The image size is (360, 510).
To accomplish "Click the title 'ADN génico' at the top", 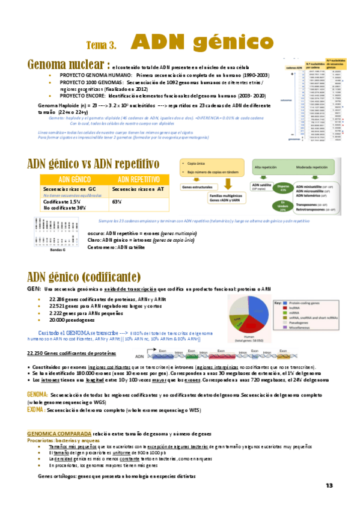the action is [203, 42].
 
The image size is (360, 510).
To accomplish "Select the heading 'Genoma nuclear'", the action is [67, 64].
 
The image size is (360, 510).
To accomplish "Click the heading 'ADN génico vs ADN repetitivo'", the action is [93, 164].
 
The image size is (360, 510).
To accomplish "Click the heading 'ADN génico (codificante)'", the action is [84, 277].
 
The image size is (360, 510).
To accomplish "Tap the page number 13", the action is [329, 486].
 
